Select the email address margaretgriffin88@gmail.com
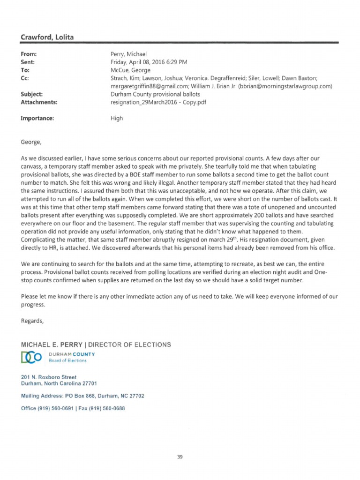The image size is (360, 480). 147,86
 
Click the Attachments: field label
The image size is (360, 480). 39,102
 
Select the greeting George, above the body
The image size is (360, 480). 31,140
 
